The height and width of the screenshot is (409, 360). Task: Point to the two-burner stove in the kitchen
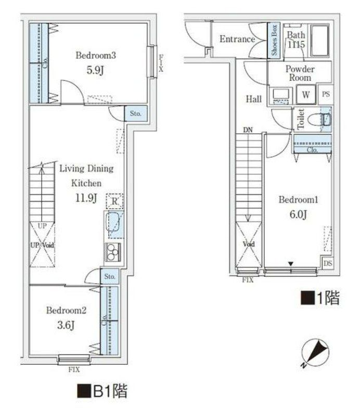coord(113,253)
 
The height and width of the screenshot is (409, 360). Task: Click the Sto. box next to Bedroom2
coord(110,276)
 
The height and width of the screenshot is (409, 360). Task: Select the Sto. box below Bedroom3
coord(135,113)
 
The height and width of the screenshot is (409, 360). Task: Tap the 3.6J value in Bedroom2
coord(66,326)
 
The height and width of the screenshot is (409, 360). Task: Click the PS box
coord(326,94)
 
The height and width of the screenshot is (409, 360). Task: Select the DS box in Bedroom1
coord(327,264)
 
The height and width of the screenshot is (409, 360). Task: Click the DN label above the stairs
coord(247,130)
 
